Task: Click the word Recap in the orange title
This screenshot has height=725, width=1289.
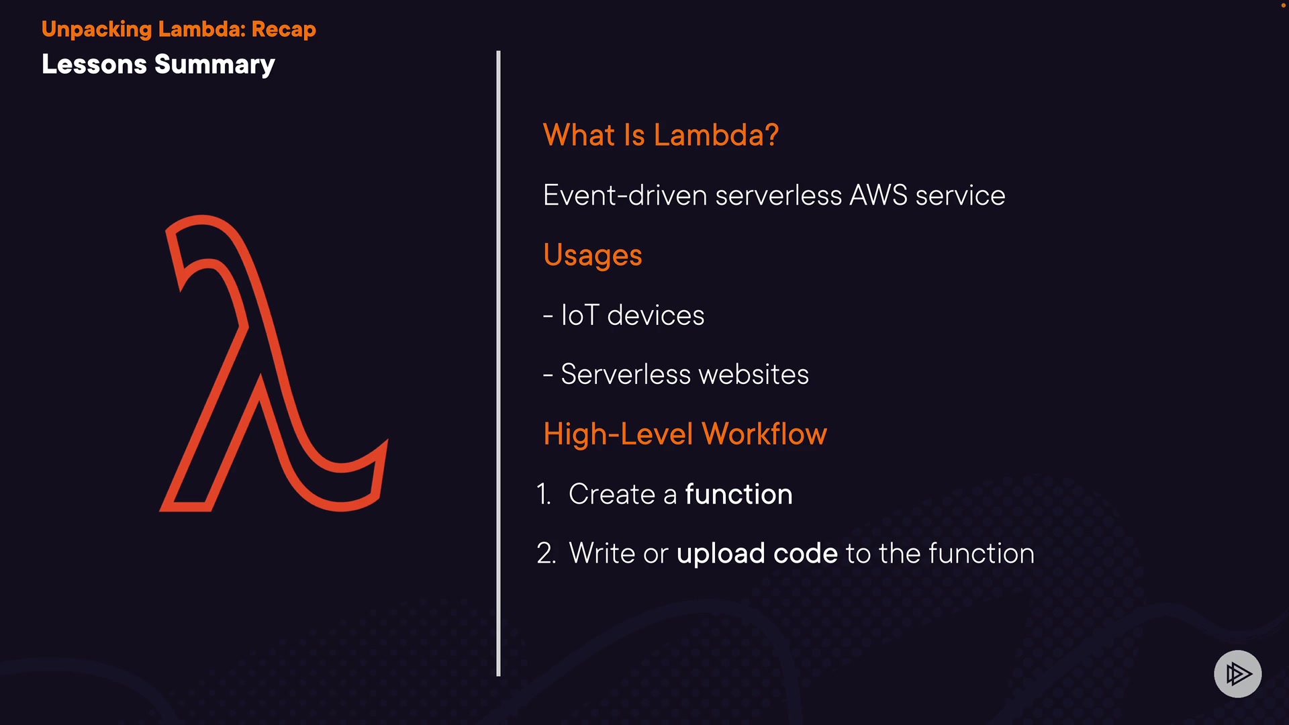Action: [283, 30]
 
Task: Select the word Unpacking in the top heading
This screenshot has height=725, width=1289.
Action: [97, 30]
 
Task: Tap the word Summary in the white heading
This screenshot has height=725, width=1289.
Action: [215, 65]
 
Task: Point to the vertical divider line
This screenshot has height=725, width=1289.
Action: [498, 362]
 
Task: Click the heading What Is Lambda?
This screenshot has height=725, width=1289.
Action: [661, 135]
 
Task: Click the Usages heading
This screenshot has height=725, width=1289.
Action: [593, 255]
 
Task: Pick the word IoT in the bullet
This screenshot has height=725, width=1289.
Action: [579, 315]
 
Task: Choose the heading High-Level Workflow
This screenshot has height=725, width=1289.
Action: [685, 434]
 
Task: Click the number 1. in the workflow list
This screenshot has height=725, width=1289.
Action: [543, 495]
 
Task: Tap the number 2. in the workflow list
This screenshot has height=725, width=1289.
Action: [546, 554]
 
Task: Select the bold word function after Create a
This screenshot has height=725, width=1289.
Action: [738, 495]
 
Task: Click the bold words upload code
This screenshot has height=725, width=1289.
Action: [757, 554]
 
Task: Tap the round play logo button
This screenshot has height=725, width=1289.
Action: [1237, 673]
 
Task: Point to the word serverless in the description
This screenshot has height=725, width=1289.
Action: [778, 195]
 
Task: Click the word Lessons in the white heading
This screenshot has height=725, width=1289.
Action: [94, 65]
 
